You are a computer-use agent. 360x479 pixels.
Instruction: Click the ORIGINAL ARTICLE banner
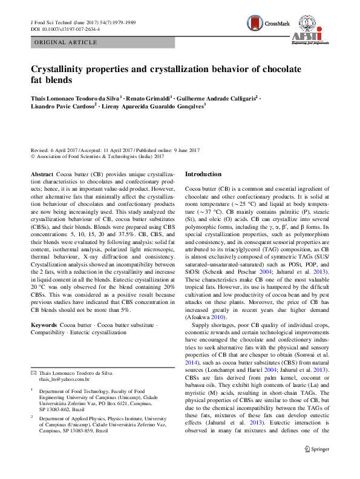click(x=66, y=42)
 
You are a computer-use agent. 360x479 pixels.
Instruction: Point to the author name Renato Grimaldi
click(x=149, y=97)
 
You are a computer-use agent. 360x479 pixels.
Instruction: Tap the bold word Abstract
click(x=42, y=174)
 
